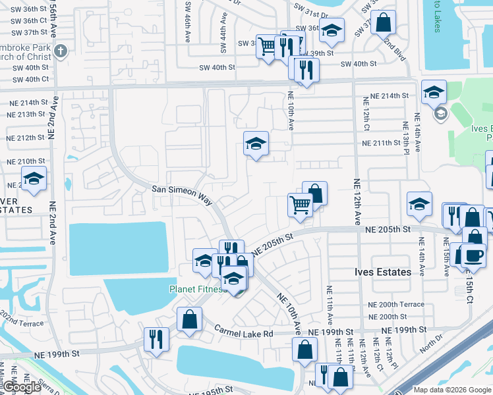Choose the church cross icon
[61, 51]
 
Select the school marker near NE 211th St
[256, 143]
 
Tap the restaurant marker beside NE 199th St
[156, 339]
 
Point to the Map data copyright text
[452, 390]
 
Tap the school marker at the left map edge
[33, 178]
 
